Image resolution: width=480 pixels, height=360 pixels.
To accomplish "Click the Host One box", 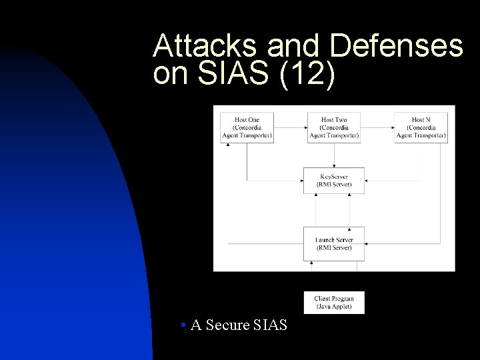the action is click(x=247, y=127).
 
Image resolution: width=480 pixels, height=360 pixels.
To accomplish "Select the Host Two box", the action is click(x=334, y=127).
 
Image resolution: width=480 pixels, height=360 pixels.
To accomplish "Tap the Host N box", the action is click(x=421, y=127).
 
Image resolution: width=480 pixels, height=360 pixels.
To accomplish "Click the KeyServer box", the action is click(x=334, y=181).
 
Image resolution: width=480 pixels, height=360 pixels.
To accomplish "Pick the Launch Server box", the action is click(x=334, y=244).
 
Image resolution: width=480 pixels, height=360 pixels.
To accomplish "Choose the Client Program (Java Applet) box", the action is click(x=334, y=303).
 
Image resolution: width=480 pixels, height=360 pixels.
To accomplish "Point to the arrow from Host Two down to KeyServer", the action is click(x=334, y=154).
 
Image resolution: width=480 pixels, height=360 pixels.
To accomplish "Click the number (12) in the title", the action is click(x=306, y=75).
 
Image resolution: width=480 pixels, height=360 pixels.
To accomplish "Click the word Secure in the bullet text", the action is click(x=228, y=326).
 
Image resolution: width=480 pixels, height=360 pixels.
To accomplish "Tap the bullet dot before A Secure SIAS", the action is click(x=183, y=326).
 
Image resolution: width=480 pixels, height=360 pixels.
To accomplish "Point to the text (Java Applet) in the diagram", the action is click(x=334, y=307).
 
